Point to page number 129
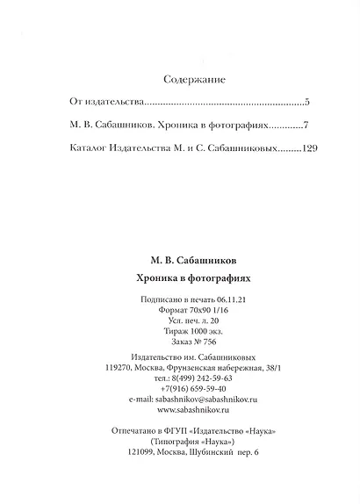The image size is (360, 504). [x=308, y=148]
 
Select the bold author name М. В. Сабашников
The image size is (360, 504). [x=194, y=260]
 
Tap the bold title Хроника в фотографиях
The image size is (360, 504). [x=194, y=277]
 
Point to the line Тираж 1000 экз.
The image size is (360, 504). [x=194, y=333]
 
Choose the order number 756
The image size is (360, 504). [x=208, y=344]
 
